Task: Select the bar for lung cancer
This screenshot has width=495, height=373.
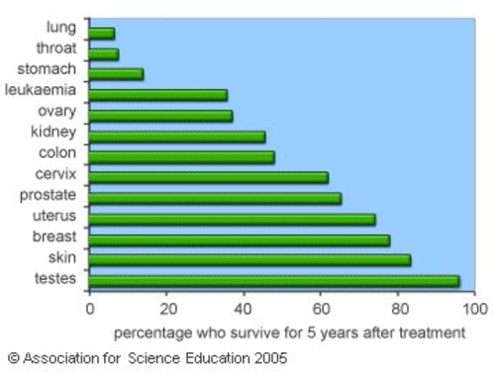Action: click(102, 34)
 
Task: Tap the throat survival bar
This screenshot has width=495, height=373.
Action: click(104, 53)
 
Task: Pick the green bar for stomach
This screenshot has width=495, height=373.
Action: click(116, 74)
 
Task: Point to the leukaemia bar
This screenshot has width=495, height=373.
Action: click(158, 95)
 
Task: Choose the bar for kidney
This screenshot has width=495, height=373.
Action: click(177, 137)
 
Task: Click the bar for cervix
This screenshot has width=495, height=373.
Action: click(209, 177)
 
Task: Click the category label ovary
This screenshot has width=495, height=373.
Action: click(56, 112)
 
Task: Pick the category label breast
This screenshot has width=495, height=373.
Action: click(55, 236)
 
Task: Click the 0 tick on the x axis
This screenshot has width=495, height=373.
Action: click(90, 309)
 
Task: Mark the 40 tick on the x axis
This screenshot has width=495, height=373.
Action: click(244, 309)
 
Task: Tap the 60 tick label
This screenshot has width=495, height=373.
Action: click(321, 309)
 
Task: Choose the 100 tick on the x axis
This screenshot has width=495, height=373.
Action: click(475, 309)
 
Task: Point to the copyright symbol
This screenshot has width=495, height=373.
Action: click(13, 357)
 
